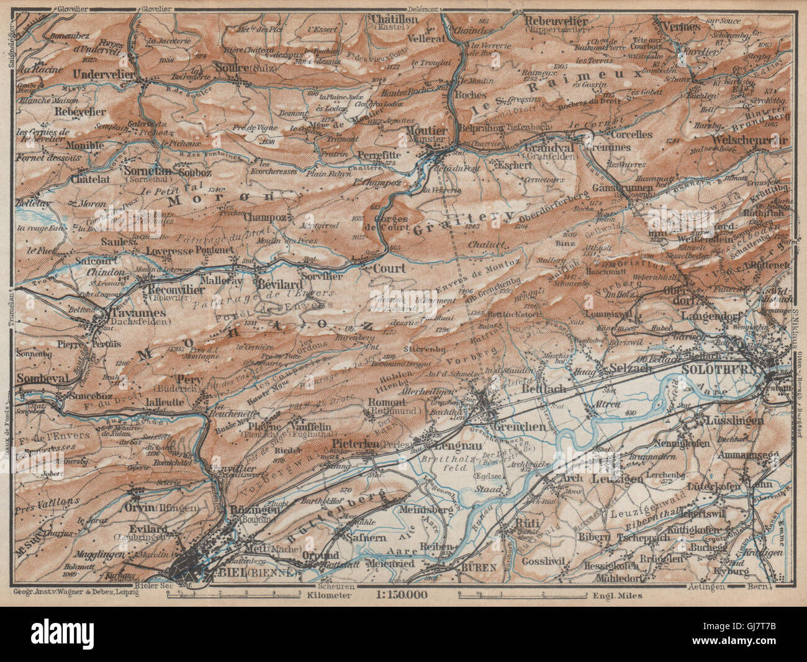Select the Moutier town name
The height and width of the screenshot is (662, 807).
[x=426, y=131]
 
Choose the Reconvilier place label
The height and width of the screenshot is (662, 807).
[x=173, y=290]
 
